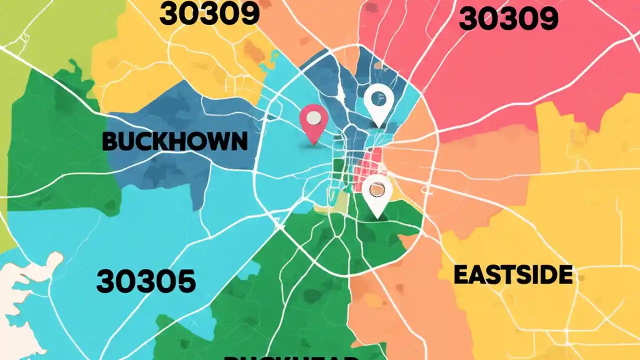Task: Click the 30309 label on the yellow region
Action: (209, 15)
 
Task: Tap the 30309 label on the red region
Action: (507, 19)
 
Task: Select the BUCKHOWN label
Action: (174, 142)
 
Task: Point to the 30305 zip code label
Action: (146, 281)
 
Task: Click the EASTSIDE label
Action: (513, 275)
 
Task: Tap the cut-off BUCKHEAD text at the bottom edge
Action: (290, 357)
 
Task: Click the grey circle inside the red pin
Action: (313, 118)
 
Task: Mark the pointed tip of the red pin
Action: (313, 144)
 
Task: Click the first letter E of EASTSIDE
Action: (460, 275)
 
